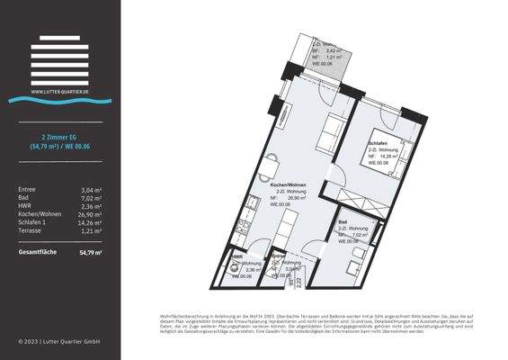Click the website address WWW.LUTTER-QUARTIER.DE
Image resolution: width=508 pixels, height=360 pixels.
(x=59, y=91)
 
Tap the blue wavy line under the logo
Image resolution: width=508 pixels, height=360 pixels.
(x=59, y=100)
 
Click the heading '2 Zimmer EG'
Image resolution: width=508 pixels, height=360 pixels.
(x=59, y=136)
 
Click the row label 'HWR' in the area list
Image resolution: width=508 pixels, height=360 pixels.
(x=25, y=206)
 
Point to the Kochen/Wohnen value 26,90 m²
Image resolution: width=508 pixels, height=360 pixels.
(x=88, y=214)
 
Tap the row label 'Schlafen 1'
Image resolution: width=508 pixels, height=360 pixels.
(x=33, y=222)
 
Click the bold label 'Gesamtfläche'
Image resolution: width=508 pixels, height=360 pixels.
(x=38, y=252)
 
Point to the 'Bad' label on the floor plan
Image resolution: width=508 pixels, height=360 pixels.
(x=343, y=221)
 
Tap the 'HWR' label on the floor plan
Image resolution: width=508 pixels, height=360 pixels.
(x=236, y=256)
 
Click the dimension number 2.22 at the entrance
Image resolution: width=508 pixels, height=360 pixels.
(x=298, y=282)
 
